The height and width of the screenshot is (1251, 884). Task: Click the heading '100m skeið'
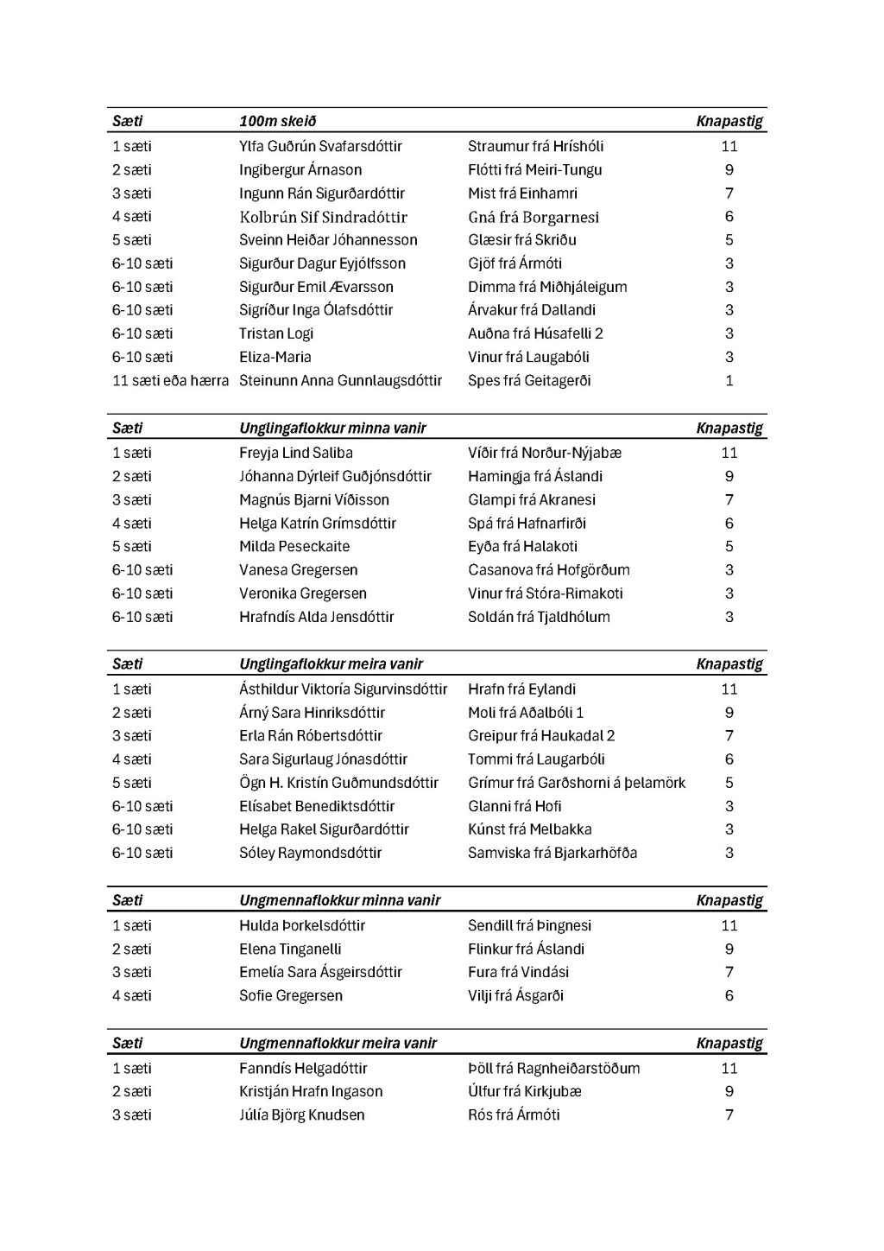click(278, 121)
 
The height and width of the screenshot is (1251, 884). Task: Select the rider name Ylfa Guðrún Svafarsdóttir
click(320, 146)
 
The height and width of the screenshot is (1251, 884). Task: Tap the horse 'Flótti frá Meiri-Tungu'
click(534, 170)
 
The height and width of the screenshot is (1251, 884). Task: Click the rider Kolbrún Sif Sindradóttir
click(323, 217)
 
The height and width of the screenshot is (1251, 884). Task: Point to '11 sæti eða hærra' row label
click(170, 380)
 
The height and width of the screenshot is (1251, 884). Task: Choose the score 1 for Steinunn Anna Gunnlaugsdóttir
click(729, 380)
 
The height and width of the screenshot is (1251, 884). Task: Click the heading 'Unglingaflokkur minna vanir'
click(332, 428)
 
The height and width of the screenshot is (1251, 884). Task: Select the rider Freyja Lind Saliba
click(295, 453)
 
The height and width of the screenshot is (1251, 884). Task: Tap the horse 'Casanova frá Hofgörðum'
click(548, 570)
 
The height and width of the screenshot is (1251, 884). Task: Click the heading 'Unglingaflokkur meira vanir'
click(331, 664)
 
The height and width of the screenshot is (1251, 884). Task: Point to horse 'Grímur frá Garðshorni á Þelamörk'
click(576, 783)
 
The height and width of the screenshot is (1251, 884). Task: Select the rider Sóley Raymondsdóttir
click(310, 853)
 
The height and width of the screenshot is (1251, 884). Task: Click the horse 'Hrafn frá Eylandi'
click(521, 689)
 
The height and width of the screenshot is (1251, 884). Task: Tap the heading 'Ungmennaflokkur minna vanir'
click(339, 900)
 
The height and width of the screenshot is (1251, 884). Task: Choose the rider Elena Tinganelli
click(290, 949)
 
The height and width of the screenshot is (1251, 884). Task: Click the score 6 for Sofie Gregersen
click(729, 995)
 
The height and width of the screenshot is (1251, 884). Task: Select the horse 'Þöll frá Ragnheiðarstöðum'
click(553, 1068)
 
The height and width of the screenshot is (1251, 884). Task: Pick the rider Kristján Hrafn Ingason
click(311, 1091)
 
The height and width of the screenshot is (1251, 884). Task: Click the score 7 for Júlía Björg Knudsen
click(729, 1114)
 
